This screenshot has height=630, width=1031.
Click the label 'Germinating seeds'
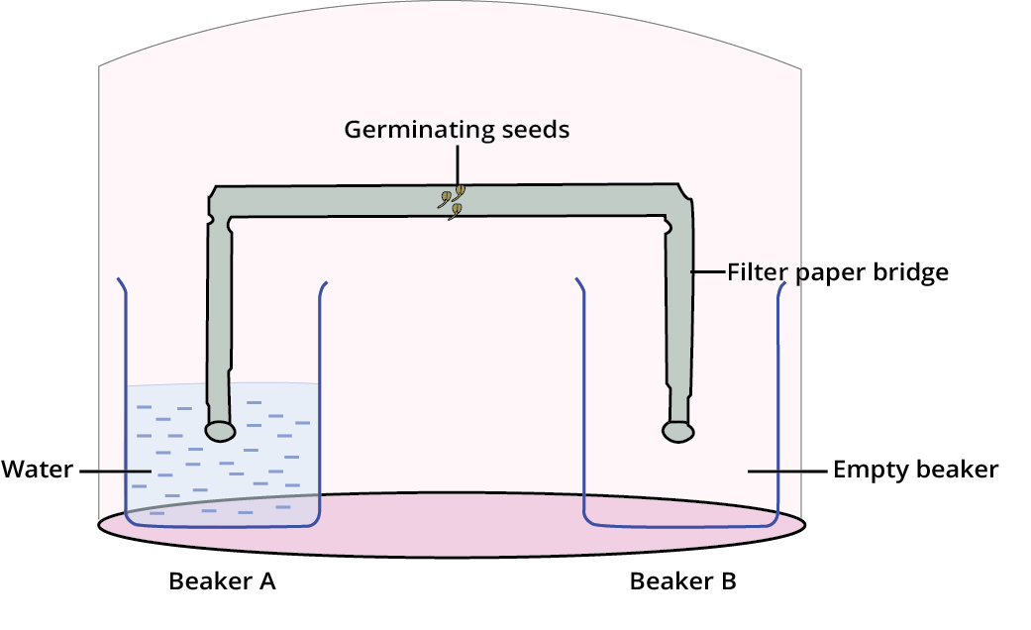pos(457,130)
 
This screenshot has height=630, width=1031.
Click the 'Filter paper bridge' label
pos(838,271)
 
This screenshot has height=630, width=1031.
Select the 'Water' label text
pos(38,469)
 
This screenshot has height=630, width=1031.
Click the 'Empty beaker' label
pos(915,470)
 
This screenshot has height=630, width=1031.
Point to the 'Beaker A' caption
pos(222,581)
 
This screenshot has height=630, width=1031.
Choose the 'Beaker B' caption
pos(682,581)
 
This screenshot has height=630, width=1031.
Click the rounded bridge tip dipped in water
pos(220,431)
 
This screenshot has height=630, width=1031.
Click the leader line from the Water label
pos(114,471)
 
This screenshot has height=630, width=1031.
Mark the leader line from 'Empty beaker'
pos(787,471)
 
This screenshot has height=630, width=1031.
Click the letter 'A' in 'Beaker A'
pos(266,581)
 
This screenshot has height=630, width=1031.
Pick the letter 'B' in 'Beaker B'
pos(727,581)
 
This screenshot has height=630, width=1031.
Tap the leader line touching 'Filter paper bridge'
pos(709,271)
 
